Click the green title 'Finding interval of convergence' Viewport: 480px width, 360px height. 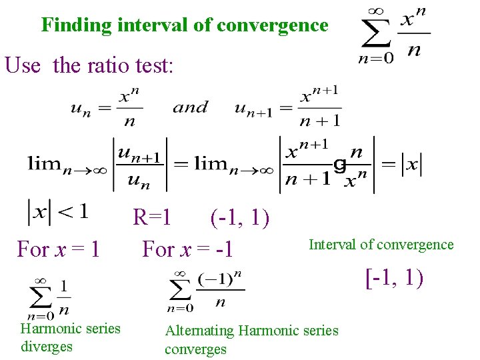(185, 25)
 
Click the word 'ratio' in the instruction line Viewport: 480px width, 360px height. (108, 65)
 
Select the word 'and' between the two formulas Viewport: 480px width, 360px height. (190, 107)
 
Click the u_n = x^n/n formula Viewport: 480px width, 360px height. (107, 109)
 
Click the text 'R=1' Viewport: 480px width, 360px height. (152, 217)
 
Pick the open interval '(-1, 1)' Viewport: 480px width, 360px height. (239, 217)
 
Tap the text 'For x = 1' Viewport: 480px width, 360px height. (59, 249)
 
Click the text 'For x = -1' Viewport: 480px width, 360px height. (187, 249)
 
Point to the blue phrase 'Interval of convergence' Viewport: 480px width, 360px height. (381, 245)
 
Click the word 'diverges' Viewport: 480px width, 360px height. (47, 347)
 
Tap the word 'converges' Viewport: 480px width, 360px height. (195, 349)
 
